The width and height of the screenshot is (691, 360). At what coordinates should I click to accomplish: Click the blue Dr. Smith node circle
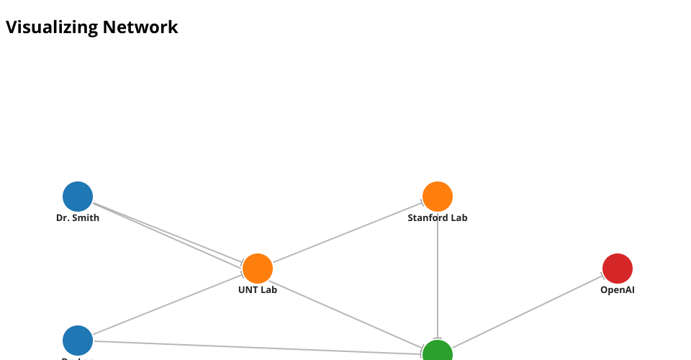tap(78, 197)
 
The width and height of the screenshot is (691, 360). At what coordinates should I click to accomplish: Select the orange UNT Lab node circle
tap(258, 269)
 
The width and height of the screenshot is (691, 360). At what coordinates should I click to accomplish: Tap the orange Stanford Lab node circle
tap(438, 197)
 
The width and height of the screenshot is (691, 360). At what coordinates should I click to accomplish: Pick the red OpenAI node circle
tap(618, 269)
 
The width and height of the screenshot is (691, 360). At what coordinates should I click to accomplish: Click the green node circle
tap(438, 353)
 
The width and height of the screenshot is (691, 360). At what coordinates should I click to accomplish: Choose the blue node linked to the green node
tap(78, 341)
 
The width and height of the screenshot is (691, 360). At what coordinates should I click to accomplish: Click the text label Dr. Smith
tap(78, 218)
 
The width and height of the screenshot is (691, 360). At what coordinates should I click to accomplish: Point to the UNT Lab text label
tap(258, 290)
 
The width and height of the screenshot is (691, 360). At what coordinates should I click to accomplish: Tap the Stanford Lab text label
tap(438, 218)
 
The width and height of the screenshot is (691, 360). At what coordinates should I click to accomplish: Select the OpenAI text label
tap(618, 290)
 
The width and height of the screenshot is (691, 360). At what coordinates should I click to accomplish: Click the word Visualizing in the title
tap(52, 27)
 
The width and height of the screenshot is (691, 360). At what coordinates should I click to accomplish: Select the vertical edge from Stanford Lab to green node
tap(438, 274)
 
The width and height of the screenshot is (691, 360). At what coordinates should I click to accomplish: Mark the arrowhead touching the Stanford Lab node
tap(424, 202)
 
